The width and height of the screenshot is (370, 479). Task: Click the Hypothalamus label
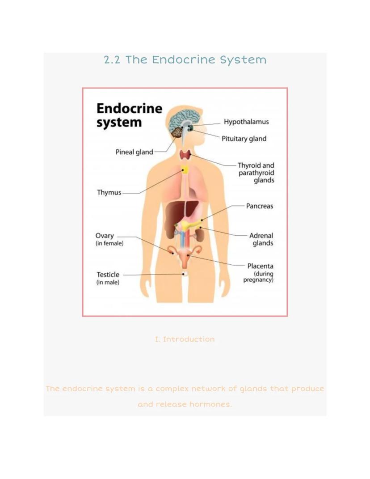pyautogui.click(x=246, y=122)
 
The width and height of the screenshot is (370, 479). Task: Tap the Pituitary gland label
pyautogui.click(x=244, y=139)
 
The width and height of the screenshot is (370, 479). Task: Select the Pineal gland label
pyautogui.click(x=134, y=152)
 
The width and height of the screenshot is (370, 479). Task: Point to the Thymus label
pyautogui.click(x=109, y=193)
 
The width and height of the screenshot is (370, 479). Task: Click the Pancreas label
pyautogui.click(x=259, y=206)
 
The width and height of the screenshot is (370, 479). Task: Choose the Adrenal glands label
pyautogui.click(x=261, y=239)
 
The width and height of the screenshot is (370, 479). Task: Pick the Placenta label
pyautogui.click(x=260, y=266)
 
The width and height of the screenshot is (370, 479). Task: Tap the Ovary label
pyautogui.click(x=105, y=236)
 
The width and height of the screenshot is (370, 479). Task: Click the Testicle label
pyautogui.click(x=108, y=275)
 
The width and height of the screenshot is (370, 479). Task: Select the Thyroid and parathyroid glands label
pyautogui.click(x=256, y=173)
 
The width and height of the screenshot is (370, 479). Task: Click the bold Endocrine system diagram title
pyautogui.click(x=129, y=115)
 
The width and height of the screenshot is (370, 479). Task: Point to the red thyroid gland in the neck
pyautogui.click(x=185, y=155)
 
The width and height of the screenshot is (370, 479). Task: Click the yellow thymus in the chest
pyautogui.click(x=185, y=170)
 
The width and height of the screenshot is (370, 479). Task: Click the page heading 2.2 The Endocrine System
pyautogui.click(x=185, y=60)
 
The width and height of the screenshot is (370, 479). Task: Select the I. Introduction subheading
pyautogui.click(x=185, y=339)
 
